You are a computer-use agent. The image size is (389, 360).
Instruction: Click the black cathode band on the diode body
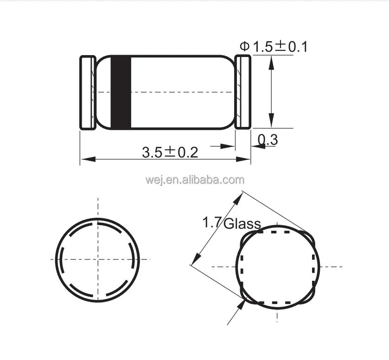(121, 92)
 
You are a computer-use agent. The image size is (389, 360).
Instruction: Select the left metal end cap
(88, 92)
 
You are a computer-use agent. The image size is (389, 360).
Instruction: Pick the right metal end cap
(242, 92)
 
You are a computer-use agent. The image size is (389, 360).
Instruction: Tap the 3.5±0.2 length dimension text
(170, 152)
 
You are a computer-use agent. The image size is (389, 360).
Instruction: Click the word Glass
(242, 224)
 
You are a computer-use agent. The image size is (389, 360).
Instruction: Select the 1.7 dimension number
(211, 223)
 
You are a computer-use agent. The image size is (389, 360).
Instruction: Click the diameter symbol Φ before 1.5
(244, 46)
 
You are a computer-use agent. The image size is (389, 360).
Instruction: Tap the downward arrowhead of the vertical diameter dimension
(272, 122)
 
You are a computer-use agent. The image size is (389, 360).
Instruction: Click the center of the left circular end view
(98, 259)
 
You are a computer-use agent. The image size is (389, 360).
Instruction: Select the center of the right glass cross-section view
(278, 266)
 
